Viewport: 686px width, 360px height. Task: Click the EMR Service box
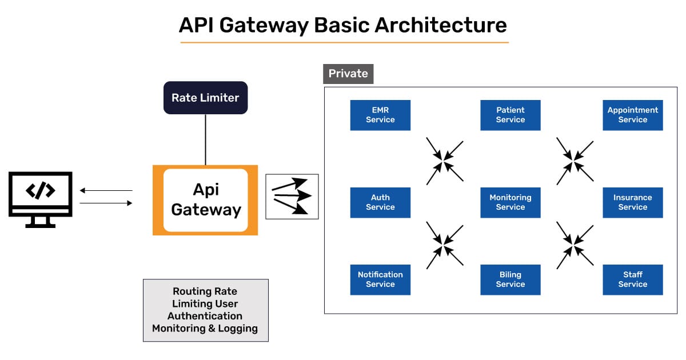coord(380,115)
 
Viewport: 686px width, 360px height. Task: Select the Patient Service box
coord(510,115)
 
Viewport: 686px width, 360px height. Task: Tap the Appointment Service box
coord(632,115)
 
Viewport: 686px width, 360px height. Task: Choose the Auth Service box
coord(380,202)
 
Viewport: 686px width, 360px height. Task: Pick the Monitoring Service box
coord(510,202)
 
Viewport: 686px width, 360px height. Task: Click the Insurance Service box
coord(632,202)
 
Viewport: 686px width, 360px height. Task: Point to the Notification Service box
coord(380,279)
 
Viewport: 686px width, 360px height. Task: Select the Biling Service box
coord(510,279)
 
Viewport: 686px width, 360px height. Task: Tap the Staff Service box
coord(632,279)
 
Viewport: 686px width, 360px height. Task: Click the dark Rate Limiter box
coord(205,98)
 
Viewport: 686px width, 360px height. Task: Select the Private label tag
coord(348,74)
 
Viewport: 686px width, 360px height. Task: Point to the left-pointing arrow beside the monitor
coord(106,190)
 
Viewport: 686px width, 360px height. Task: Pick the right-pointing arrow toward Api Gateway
coord(106,203)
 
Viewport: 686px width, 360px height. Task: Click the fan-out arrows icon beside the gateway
coord(292,197)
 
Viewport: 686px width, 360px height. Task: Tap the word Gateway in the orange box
coord(206,210)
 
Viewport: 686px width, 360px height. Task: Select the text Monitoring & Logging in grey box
coord(205,329)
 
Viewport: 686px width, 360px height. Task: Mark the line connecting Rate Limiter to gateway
coord(205,139)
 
